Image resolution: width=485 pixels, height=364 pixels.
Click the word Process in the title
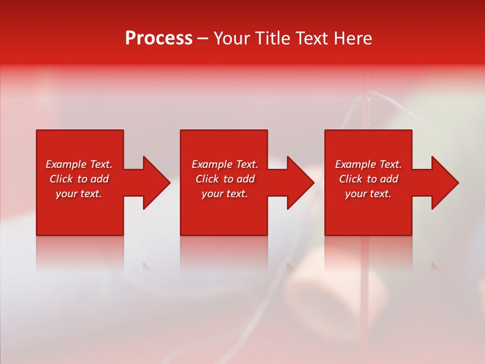click(x=159, y=38)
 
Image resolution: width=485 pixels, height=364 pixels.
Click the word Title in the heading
click(x=273, y=38)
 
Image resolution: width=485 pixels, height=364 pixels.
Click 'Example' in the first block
click(x=66, y=164)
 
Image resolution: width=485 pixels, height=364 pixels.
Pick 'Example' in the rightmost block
click(x=356, y=164)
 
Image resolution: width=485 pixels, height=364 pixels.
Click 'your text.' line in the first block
click(x=79, y=194)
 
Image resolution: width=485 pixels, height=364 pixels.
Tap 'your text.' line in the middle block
click(x=225, y=194)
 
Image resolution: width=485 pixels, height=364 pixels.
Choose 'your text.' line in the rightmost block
click(x=368, y=194)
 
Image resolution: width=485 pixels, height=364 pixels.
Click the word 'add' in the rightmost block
click(x=389, y=179)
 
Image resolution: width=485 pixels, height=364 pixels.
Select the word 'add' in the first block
click(x=100, y=179)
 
